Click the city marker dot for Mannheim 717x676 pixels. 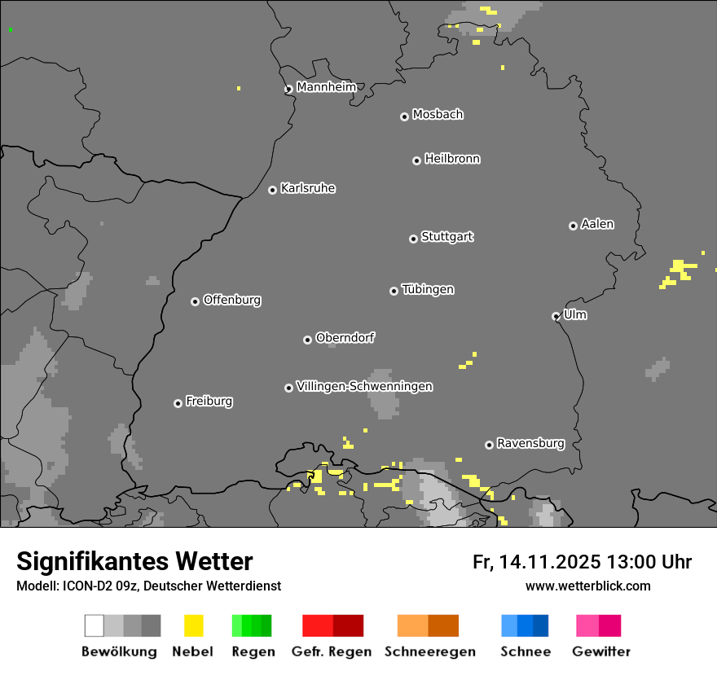pos(288,90)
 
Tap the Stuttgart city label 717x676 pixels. pos(446,237)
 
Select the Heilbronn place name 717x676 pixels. pos(452,159)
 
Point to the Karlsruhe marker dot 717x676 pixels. pos(273,191)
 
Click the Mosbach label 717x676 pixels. pos(438,115)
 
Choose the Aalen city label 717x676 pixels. pos(597,224)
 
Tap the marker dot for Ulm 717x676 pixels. pos(556,317)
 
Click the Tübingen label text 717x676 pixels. pos(428,290)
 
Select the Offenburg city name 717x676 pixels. pos(232,300)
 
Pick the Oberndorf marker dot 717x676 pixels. pos(307,340)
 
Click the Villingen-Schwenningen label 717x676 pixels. pos(364,386)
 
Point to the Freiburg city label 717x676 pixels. pos(209,402)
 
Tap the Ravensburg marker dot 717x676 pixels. pos(489,445)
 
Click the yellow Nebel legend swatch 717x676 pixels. pos(193,626)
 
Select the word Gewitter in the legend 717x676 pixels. pos(601,652)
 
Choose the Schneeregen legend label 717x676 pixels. pos(429,652)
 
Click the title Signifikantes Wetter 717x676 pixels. pos(134,561)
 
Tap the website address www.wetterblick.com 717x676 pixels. pos(587,586)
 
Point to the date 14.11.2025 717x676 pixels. pos(550,562)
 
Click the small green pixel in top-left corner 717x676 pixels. pos(11,30)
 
